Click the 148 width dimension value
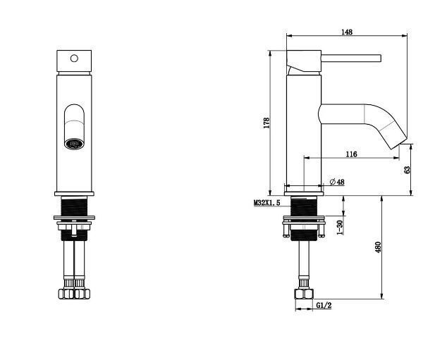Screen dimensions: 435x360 [x=347, y=32]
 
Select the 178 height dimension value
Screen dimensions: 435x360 [x=266, y=123]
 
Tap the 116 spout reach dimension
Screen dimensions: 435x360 [x=351, y=154]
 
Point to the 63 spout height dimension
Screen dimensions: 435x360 [x=408, y=170]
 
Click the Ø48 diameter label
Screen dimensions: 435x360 [x=337, y=182]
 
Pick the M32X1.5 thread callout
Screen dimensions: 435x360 [x=267, y=203]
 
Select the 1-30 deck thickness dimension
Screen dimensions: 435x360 [x=340, y=228]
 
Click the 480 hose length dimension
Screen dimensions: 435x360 [x=378, y=247]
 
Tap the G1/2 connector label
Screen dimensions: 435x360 [x=324, y=306]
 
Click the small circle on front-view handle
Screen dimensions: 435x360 [x=74, y=58]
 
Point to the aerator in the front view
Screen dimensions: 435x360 [x=74, y=144]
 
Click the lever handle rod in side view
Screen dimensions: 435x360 [x=351, y=58]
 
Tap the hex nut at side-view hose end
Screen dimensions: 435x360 [x=304, y=294]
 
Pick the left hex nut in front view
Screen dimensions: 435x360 [x=66, y=294]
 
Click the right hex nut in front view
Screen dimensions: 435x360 [x=82, y=294]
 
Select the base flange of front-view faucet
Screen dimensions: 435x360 [x=74, y=194]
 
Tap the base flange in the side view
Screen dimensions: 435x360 [x=304, y=194]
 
